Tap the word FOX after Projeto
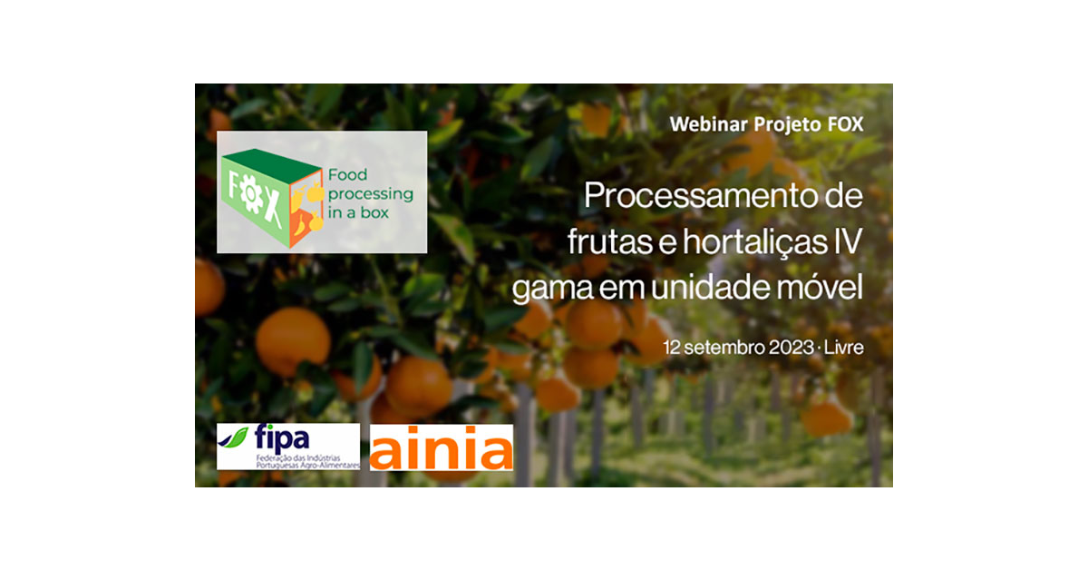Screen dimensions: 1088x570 pyautogui.click(x=846, y=124)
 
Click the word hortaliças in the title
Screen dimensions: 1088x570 pyautogui.click(x=755, y=241)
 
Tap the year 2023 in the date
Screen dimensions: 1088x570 pyautogui.click(x=792, y=348)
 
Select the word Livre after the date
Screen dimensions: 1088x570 pyautogui.click(x=844, y=348)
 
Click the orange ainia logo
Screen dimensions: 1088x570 pyautogui.click(x=441, y=447)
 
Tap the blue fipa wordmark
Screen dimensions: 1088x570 pyautogui.click(x=282, y=437)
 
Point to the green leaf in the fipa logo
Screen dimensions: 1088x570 pyautogui.click(x=234, y=437)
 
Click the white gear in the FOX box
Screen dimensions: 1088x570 pyautogui.click(x=251, y=194)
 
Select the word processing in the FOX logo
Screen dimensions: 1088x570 pyautogui.click(x=371, y=194)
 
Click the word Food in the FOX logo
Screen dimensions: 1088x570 pyautogui.click(x=348, y=174)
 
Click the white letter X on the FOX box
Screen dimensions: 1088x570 pyautogui.click(x=273, y=209)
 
